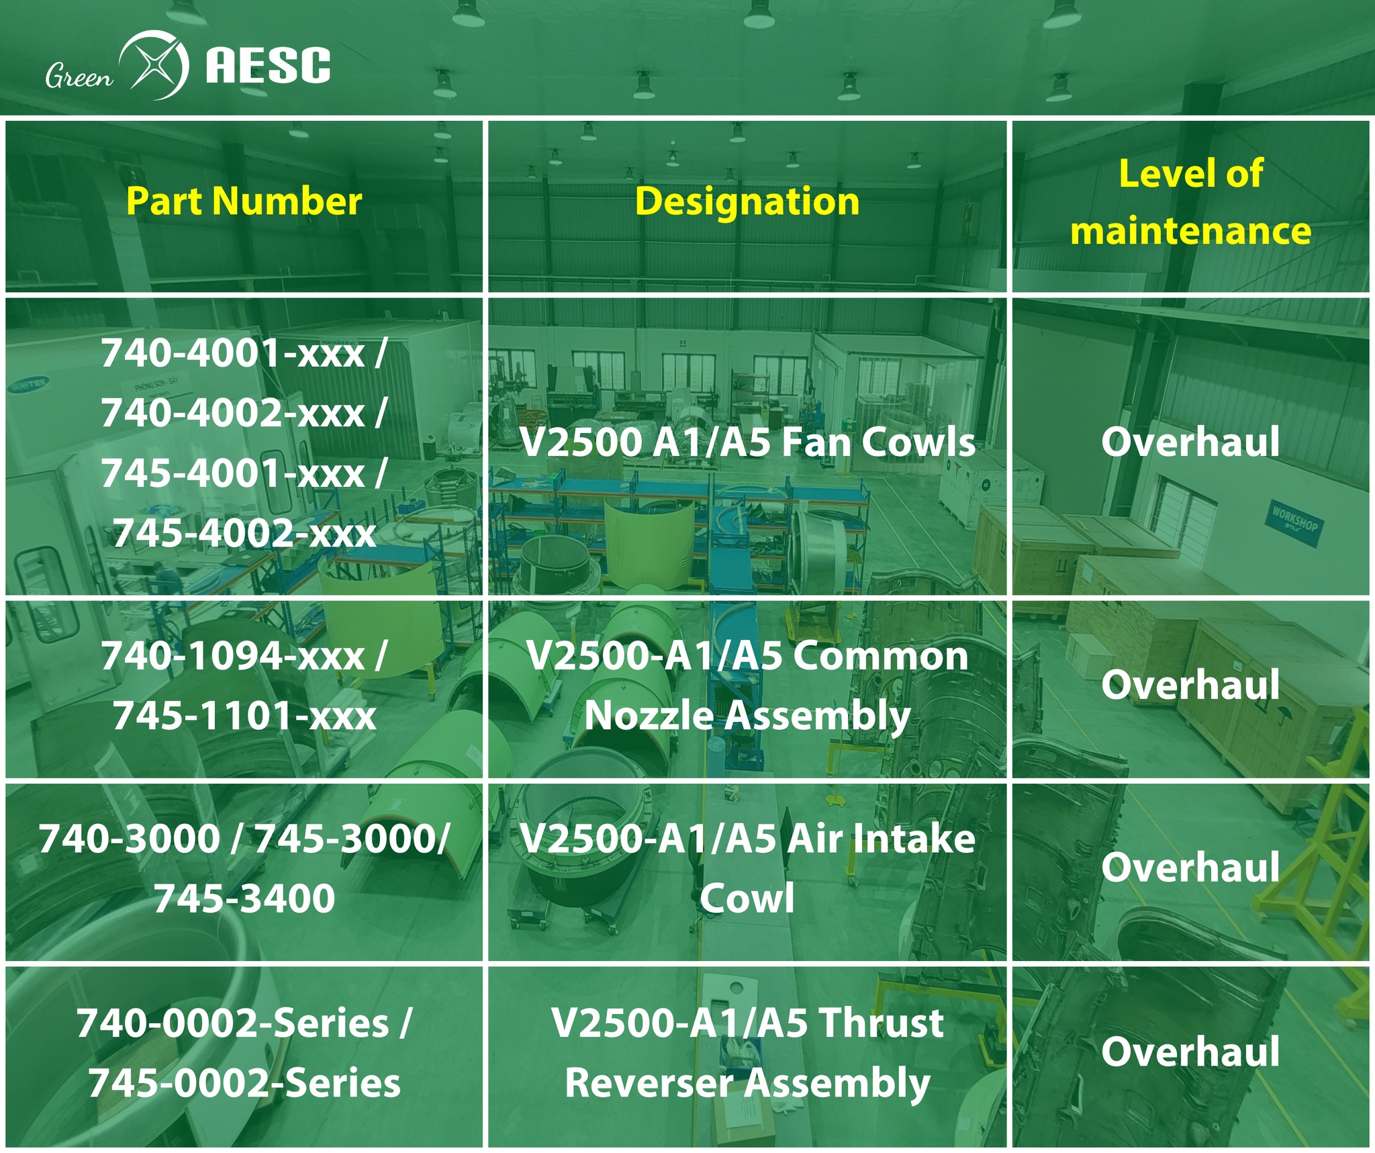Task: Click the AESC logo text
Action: pyautogui.click(x=267, y=65)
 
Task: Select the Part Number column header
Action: pyautogui.click(x=244, y=201)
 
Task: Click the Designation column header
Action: pyautogui.click(x=747, y=201)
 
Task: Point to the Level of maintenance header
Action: pyautogui.click(x=1190, y=201)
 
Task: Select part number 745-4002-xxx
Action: pyautogui.click(x=244, y=534)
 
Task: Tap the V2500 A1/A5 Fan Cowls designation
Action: pyautogui.click(x=747, y=443)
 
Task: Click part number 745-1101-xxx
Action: pyautogui.click(x=244, y=716)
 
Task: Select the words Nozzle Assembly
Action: pyautogui.click(x=747, y=716)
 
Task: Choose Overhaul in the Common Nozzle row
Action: pyautogui.click(x=1190, y=684)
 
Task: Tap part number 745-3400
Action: pyautogui.click(x=244, y=898)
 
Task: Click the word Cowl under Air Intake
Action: pyautogui.click(x=747, y=898)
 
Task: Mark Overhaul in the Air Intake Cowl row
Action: pyautogui.click(x=1190, y=867)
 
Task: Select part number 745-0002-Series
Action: pyautogui.click(x=244, y=1083)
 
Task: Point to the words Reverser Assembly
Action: pyautogui.click(x=747, y=1083)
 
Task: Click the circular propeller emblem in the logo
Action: pyautogui.click(x=154, y=65)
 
